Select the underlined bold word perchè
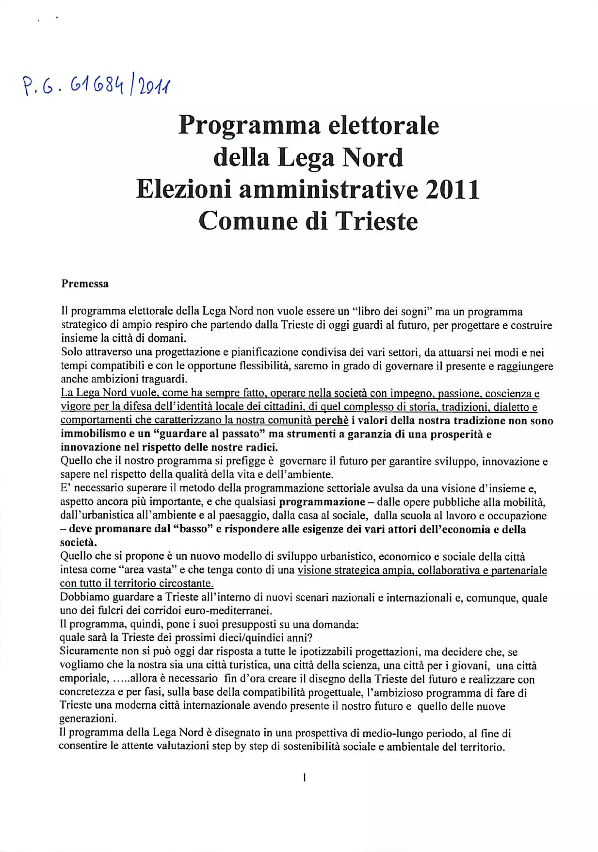[331, 421]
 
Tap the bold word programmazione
[322, 502]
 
